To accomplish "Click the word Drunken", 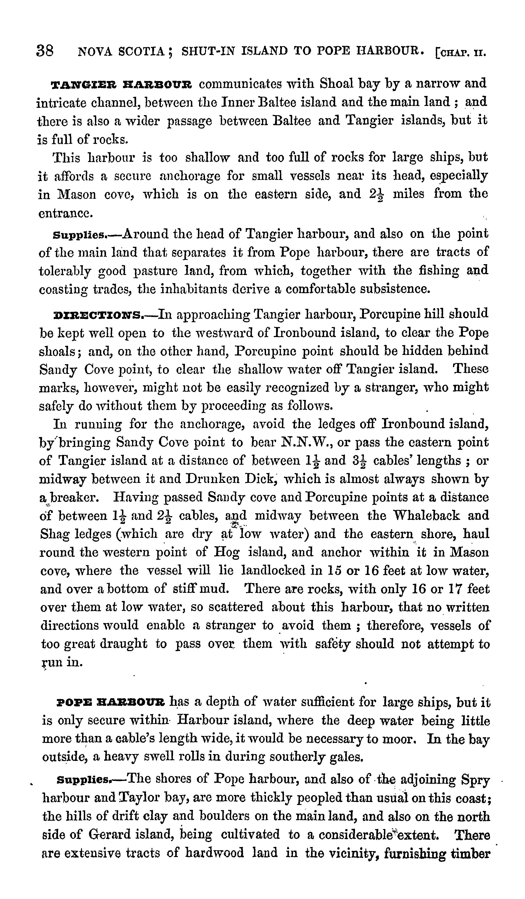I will (x=213, y=479).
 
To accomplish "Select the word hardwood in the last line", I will (x=215, y=853).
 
